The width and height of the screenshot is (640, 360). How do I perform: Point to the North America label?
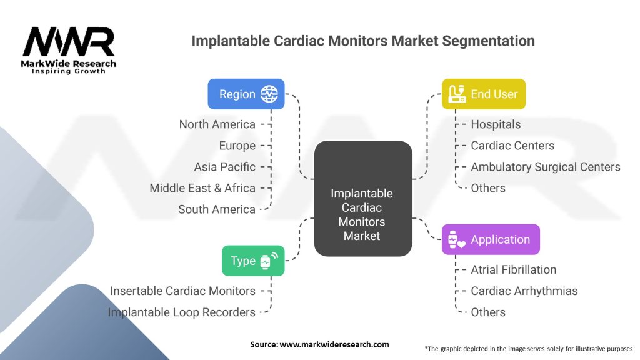tap(217, 124)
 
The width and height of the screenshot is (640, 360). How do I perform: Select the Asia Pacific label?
tap(224, 167)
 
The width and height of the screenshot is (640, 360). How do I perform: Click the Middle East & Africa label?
tap(202, 188)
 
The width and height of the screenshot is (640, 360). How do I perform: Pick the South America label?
tap(217, 209)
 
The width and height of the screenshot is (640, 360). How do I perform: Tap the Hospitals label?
tap(496, 124)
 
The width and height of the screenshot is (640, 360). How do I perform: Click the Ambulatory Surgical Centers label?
tap(545, 167)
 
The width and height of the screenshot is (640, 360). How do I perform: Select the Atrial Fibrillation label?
tap(513, 270)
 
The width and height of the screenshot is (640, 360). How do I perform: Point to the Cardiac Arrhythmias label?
tap(524, 291)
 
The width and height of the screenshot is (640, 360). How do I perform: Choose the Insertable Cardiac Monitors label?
tap(182, 291)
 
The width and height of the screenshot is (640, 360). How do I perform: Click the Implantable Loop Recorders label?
tap(181, 312)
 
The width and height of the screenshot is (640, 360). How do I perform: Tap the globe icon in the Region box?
tap(269, 94)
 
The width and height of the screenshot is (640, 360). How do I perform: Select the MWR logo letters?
tap(69, 42)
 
